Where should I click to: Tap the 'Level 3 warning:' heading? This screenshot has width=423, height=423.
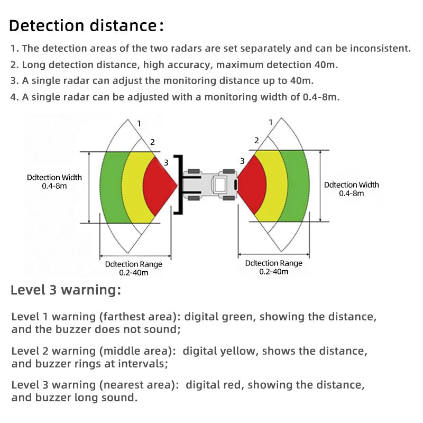point(66,290)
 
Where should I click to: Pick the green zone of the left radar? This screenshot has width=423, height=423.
point(111,188)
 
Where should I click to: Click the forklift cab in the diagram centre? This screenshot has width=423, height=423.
point(219,185)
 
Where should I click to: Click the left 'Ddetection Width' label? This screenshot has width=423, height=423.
point(54,178)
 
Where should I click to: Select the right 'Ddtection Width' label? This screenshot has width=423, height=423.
point(351,185)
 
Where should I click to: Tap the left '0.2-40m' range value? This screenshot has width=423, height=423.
point(133,273)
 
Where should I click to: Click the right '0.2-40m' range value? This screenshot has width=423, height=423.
point(274,272)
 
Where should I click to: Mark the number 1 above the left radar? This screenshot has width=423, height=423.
point(139,123)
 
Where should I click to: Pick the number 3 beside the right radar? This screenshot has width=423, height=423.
point(242,161)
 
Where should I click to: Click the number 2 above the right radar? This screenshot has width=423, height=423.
point(256,141)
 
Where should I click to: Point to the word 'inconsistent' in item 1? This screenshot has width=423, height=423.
point(379,49)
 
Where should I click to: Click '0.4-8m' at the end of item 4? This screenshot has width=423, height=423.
point(320,97)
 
